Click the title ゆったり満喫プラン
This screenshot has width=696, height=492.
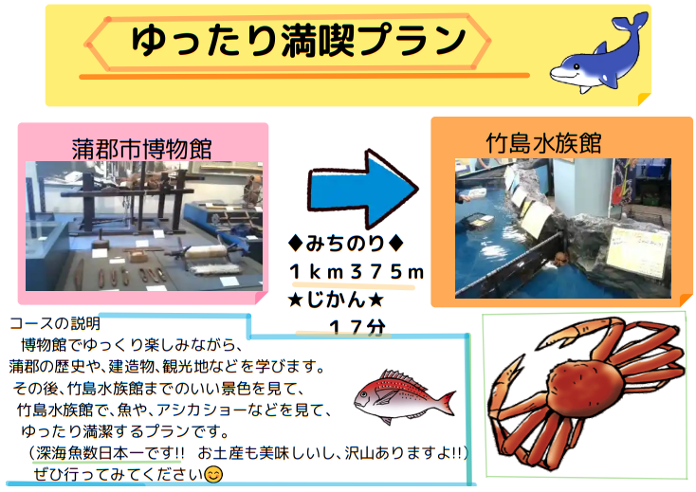tap(299, 41)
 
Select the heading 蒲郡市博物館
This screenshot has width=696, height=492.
tap(141, 149)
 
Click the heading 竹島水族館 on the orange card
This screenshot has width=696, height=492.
tap(543, 143)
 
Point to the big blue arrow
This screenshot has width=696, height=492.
tap(362, 189)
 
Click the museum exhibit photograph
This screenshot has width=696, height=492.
tap(144, 226)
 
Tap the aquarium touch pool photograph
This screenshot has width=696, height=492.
tap(563, 228)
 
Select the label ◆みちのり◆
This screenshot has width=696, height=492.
tap(346, 243)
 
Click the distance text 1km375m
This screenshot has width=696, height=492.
tap(357, 272)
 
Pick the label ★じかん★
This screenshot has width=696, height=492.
tap(335, 301)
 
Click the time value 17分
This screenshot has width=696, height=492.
tap(357, 328)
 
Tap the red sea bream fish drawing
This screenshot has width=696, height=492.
tap(404, 396)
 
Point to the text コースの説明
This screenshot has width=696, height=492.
tap(55, 323)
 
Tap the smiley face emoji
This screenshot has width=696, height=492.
tap(213, 474)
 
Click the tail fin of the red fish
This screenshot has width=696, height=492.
tap(446, 402)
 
